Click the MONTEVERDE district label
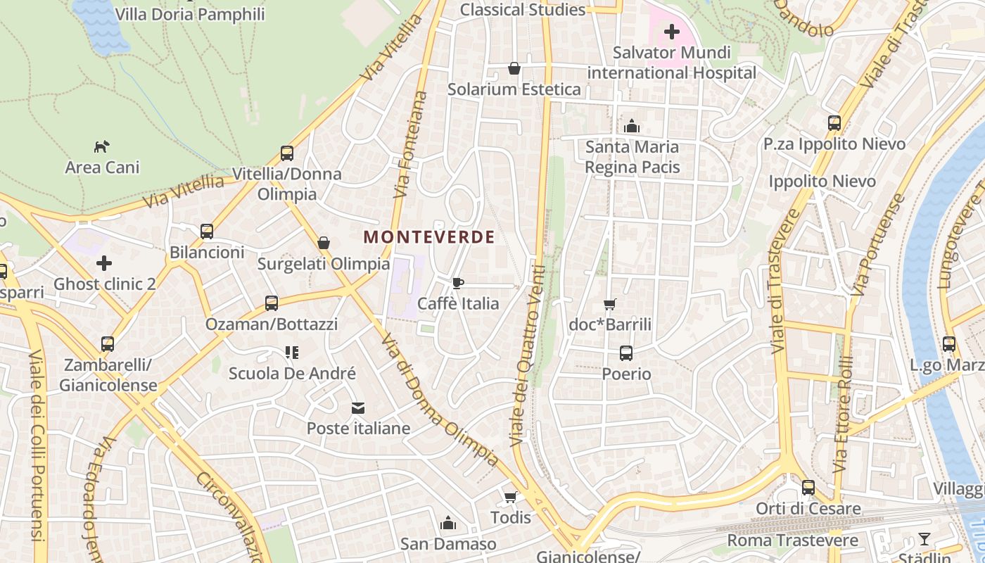(429, 237)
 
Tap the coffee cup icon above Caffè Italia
(458, 283)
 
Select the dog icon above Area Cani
(102, 146)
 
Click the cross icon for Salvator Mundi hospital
(672, 32)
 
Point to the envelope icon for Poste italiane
(358, 408)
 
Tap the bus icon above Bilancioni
(207, 232)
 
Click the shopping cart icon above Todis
(511, 498)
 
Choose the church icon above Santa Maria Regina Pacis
(632, 126)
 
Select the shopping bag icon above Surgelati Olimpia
(324, 243)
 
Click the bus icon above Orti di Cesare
(808, 488)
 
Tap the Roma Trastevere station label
(792, 540)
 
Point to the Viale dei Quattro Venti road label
(528, 355)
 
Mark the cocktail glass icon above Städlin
(924, 540)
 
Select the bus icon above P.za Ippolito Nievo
(834, 123)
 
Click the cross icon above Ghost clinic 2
(104, 264)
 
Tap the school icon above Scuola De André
(292, 353)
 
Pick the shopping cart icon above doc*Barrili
(610, 304)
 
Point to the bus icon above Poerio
(626, 353)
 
